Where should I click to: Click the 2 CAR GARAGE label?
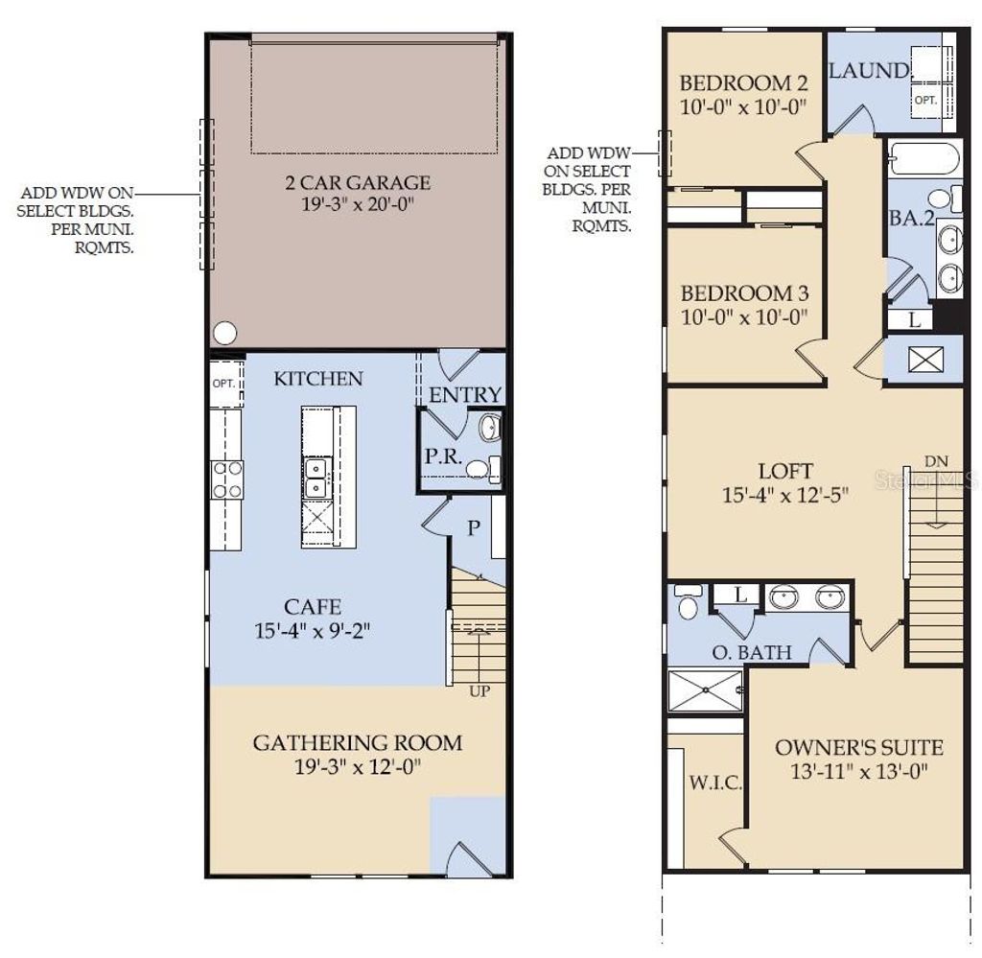(x=357, y=182)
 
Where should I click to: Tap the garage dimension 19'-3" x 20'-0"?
(x=357, y=204)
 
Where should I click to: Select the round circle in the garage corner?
(x=224, y=333)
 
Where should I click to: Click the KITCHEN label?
(x=318, y=379)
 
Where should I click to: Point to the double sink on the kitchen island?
(x=316, y=478)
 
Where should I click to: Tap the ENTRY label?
(x=465, y=395)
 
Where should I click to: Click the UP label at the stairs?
(x=478, y=690)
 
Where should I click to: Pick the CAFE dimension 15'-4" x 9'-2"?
(x=313, y=630)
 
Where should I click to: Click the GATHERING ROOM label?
(x=357, y=742)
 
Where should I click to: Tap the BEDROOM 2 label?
(x=744, y=82)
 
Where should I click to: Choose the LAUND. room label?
(x=869, y=71)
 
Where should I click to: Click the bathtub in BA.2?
(x=924, y=158)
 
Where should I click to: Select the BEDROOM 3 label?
(x=744, y=293)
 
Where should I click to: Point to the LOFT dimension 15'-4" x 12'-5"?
(x=785, y=496)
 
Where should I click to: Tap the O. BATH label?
(x=751, y=653)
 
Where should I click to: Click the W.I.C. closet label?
(x=714, y=783)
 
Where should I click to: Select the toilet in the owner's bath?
(x=688, y=603)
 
